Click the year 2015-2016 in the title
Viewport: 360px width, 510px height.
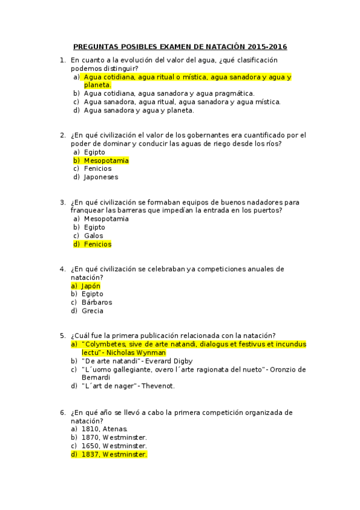pos(264,46)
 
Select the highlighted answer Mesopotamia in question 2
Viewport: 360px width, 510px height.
pos(106,161)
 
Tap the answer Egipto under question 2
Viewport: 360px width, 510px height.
pos(94,152)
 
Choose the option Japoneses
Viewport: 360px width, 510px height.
pos(101,177)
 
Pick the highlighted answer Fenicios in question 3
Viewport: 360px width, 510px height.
pos(97,244)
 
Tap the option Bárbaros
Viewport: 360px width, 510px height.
pos(97,303)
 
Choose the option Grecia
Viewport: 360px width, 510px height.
pos(93,311)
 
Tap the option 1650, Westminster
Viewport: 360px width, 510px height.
pos(114,446)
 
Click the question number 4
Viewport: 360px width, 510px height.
pos(62,269)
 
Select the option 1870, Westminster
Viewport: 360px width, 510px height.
pos(114,437)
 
